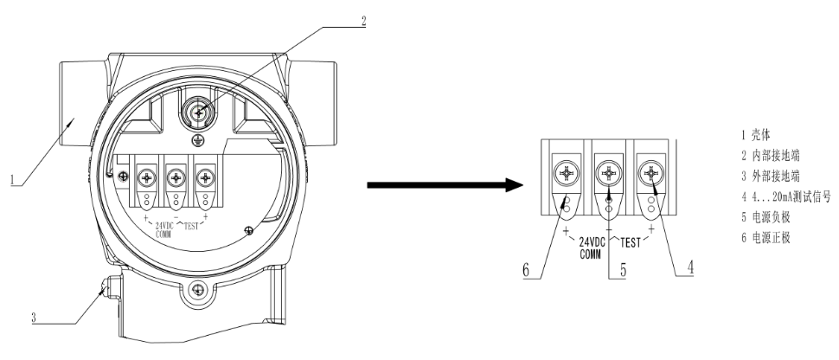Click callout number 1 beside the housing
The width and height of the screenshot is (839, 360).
pyautogui.click(x=12, y=181)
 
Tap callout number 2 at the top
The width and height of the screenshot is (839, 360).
pyautogui.click(x=363, y=22)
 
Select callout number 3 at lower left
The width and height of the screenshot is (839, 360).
pyautogui.click(x=34, y=318)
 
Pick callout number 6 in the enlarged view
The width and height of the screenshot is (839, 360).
pyautogui.click(x=525, y=270)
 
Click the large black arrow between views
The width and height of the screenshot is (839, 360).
pyautogui.click(x=446, y=184)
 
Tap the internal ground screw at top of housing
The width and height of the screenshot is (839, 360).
pyautogui.click(x=199, y=112)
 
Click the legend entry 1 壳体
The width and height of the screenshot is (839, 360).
pyautogui.click(x=750, y=135)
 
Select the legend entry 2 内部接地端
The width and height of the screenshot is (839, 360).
pyautogui.click(x=764, y=156)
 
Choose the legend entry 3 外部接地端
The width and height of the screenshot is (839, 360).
pyautogui.click(x=764, y=176)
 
